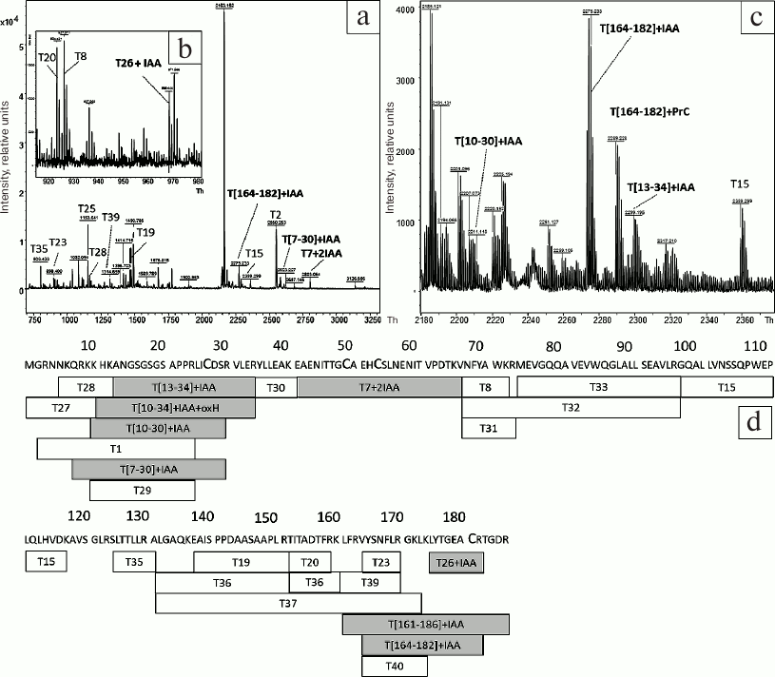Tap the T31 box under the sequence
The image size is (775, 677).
[488, 428]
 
